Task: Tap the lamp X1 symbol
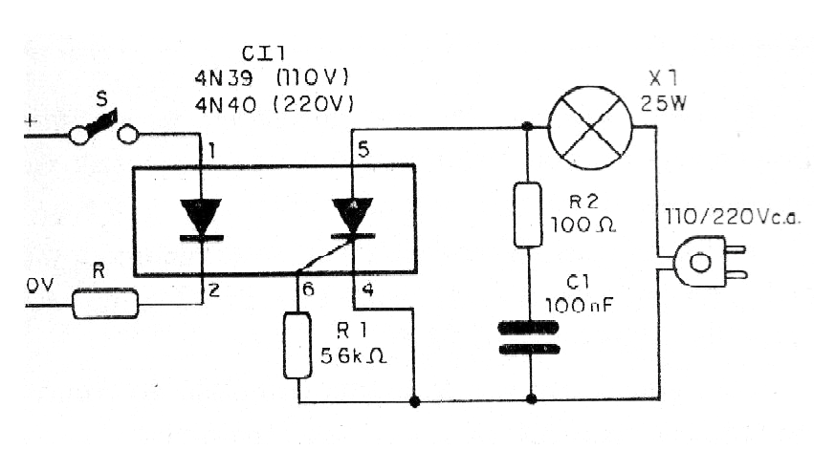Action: (x=589, y=124)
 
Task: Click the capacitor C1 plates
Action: (x=528, y=338)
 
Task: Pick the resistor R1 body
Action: (x=298, y=346)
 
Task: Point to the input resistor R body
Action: (x=105, y=305)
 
